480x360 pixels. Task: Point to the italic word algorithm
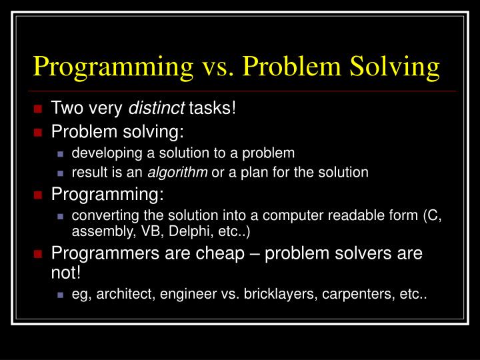coord(177,172)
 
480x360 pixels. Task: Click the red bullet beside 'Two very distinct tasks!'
coord(38,108)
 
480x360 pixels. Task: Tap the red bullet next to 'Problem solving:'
coord(38,131)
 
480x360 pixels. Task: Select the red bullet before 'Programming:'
coord(38,195)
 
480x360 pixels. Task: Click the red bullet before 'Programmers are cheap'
coord(38,254)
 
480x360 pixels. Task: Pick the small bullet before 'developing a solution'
coord(60,153)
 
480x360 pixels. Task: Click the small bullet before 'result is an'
coord(60,173)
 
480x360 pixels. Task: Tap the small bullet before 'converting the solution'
coord(60,216)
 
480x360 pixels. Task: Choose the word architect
coord(121,294)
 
